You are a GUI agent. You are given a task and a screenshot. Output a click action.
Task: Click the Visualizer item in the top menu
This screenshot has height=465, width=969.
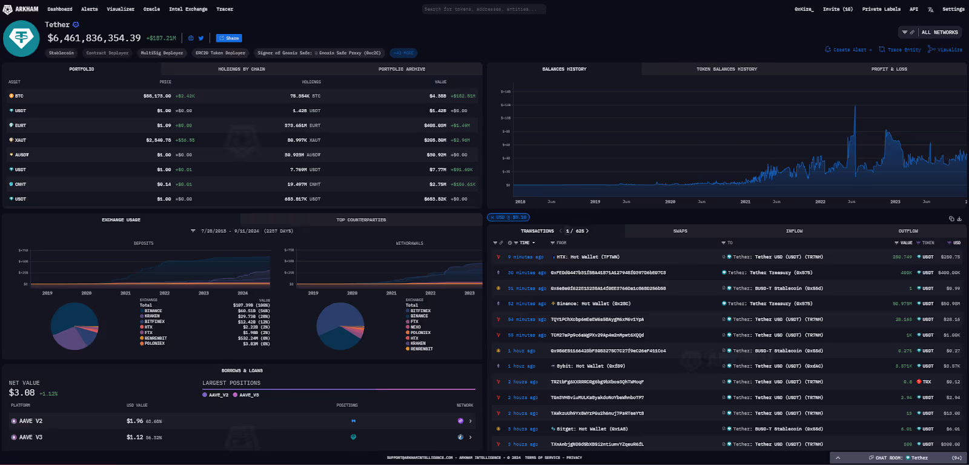(121, 9)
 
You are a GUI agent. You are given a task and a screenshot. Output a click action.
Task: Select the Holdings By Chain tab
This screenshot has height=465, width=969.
(241, 69)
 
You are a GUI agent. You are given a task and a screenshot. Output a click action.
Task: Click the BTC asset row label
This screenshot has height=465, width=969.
(19, 96)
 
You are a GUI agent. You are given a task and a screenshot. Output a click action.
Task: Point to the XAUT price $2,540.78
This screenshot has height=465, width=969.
(158, 140)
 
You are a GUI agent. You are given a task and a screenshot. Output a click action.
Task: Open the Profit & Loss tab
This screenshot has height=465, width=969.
(888, 69)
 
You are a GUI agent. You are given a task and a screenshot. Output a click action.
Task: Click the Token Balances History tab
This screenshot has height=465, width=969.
(726, 69)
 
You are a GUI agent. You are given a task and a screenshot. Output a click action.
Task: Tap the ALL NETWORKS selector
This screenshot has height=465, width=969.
(939, 32)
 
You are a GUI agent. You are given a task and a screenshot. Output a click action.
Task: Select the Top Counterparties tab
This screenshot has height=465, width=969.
(361, 220)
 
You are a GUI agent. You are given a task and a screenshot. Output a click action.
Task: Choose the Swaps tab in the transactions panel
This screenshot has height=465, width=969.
(680, 231)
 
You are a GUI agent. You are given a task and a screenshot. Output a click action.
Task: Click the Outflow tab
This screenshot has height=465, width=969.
(908, 231)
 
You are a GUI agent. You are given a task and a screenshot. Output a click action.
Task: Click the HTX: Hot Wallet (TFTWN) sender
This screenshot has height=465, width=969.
(587, 257)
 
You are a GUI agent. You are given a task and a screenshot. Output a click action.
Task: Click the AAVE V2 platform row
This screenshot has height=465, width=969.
(30, 421)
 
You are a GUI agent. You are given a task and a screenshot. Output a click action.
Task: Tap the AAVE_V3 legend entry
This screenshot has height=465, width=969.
(248, 395)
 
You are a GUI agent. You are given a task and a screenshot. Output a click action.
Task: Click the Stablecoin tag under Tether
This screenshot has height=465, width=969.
(61, 53)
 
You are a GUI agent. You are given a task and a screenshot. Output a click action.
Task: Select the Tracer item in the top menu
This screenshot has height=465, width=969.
(225, 9)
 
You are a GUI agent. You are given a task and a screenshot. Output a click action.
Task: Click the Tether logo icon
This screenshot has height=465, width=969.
(21, 38)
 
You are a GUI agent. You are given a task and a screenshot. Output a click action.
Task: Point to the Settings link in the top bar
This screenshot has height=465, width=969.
(953, 9)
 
